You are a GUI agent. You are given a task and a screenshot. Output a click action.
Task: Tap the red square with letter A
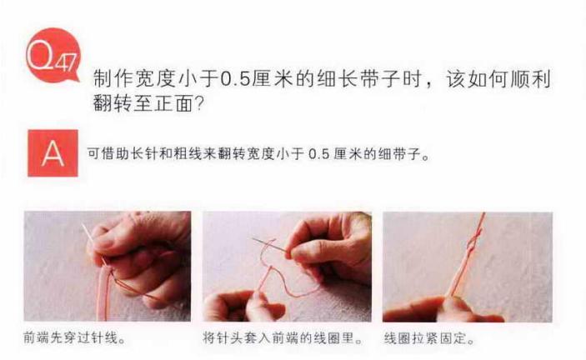tap(53, 152)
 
